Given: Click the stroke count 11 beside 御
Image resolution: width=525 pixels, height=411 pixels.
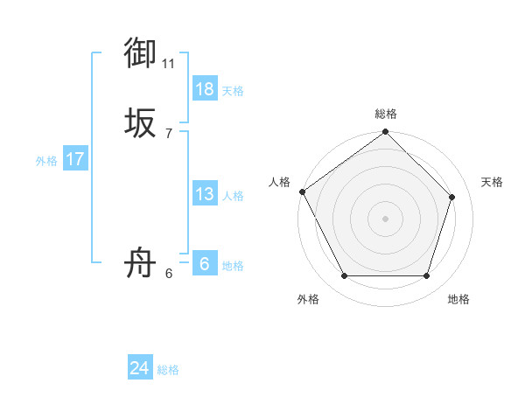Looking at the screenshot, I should coord(169,63).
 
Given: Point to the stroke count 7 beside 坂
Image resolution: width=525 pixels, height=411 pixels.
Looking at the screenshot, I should coord(169,133).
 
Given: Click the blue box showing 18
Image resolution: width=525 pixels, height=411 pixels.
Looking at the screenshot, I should coord(205,89).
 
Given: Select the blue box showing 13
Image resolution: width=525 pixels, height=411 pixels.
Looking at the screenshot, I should coord(205,194).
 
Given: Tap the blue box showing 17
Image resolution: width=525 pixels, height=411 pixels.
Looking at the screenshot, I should coord(75,159).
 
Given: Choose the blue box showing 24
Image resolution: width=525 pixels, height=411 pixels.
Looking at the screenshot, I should coord(140,368).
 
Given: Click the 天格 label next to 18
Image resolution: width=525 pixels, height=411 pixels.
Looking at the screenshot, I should coord(233,91).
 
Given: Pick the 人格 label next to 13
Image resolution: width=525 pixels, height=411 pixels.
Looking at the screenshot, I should coord(233,196).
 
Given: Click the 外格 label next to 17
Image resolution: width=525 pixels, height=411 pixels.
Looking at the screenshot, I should coord(46,161).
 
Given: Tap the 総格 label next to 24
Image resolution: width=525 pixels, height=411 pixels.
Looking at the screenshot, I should coord(168,370).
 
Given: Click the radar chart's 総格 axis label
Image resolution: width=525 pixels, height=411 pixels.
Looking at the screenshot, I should coord(386,114).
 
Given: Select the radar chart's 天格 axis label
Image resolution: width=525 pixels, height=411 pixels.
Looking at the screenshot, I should coord(492,182).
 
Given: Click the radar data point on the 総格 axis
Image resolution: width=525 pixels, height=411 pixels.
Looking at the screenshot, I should coord(385,133).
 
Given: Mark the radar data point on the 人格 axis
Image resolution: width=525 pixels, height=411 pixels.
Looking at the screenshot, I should coord(303,192).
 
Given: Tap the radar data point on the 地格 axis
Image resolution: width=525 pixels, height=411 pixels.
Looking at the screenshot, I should coord(427,276).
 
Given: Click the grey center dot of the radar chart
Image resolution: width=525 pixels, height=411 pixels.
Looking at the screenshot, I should coord(385,218).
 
